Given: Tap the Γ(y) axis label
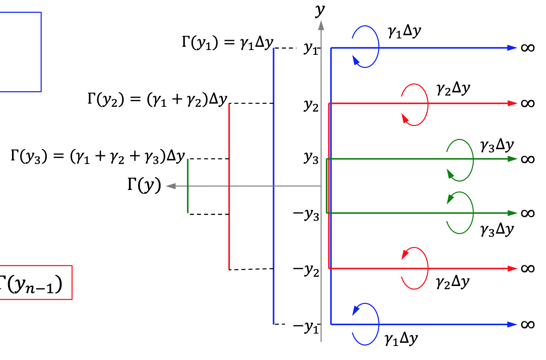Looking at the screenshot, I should coord(144,186).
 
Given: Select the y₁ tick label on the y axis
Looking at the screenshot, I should coord(311,48).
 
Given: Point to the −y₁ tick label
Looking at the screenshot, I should coord(306,326).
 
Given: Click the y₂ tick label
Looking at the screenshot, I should coord(311,105).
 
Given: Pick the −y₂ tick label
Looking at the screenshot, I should coord(306,270).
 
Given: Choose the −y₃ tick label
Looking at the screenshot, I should coord(306,214).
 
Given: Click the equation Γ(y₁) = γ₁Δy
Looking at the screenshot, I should coord(227,42).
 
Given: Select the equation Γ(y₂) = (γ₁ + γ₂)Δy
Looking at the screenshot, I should coord(157,99).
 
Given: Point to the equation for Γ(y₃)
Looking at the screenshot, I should coord(98,156).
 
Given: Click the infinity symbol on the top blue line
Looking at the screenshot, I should coord(528,48).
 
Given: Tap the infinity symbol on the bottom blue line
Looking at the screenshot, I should coord(528,324).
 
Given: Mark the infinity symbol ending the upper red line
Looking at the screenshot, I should coord(528,104).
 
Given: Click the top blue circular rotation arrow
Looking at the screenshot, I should coord(365,46).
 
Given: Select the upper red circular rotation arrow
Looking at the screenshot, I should coord(415,104).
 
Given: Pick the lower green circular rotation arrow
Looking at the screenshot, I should coord(460,213).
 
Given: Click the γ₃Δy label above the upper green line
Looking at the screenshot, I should coord(497,146).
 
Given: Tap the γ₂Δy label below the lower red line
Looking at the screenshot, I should coord(453,282).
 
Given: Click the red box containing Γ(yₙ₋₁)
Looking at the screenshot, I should coord(35,282).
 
